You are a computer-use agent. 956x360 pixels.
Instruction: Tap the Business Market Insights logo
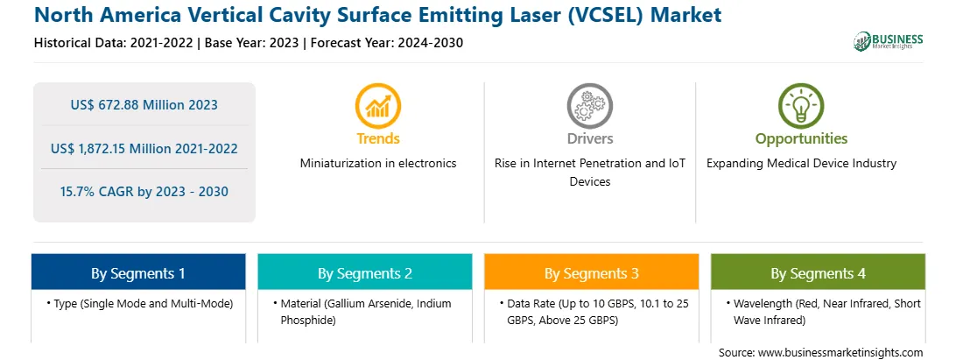click(x=889, y=41)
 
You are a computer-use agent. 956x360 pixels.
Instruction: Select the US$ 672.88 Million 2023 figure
click(x=144, y=105)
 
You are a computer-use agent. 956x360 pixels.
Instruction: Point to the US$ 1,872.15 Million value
click(x=144, y=148)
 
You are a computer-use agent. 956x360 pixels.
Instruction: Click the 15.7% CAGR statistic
click(x=144, y=192)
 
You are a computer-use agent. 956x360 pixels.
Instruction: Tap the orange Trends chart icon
click(x=378, y=106)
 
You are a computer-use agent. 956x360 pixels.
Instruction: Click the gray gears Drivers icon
click(x=589, y=106)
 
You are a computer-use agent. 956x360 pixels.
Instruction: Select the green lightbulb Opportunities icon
click(x=801, y=106)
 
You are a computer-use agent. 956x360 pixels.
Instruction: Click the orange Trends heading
click(x=378, y=138)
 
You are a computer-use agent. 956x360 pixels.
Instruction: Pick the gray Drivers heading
click(x=589, y=138)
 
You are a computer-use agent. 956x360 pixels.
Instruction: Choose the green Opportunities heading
click(x=801, y=139)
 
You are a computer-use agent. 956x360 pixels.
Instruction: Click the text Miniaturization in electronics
click(x=378, y=163)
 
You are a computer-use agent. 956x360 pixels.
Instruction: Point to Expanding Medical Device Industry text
click(x=801, y=164)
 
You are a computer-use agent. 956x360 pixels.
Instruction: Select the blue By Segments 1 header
click(x=138, y=272)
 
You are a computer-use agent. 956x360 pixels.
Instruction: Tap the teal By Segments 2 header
click(x=364, y=272)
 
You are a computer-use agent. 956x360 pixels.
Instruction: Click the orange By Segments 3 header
click(x=592, y=272)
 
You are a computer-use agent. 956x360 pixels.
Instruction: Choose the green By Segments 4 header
click(x=819, y=272)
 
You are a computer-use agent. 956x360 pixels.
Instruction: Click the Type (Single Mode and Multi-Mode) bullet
click(x=139, y=303)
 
